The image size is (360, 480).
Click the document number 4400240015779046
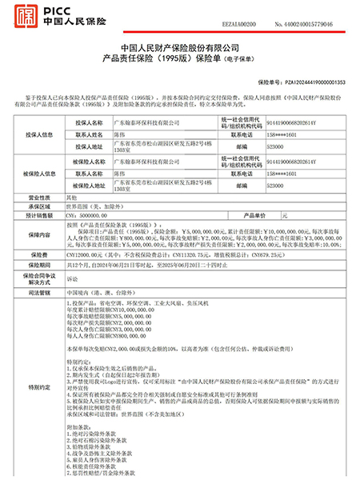[310, 6]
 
